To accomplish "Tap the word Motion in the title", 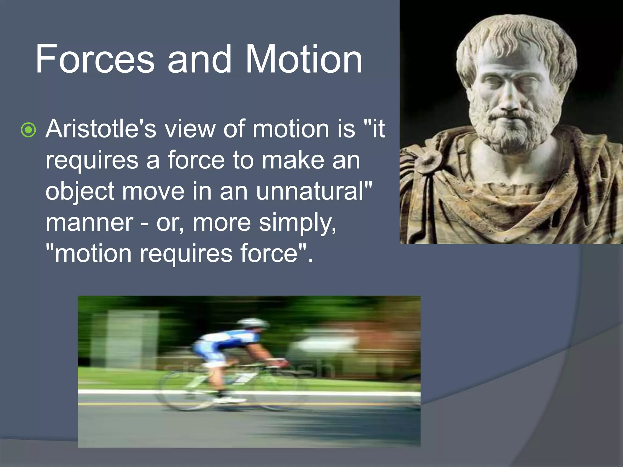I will coord(303,59).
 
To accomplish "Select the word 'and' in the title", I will coord(199,59).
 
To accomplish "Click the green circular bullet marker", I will coord(28,130).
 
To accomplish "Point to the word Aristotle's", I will coord(101,129).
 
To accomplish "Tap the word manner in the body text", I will coord(89,223).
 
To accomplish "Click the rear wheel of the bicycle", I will coord(185,392).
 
